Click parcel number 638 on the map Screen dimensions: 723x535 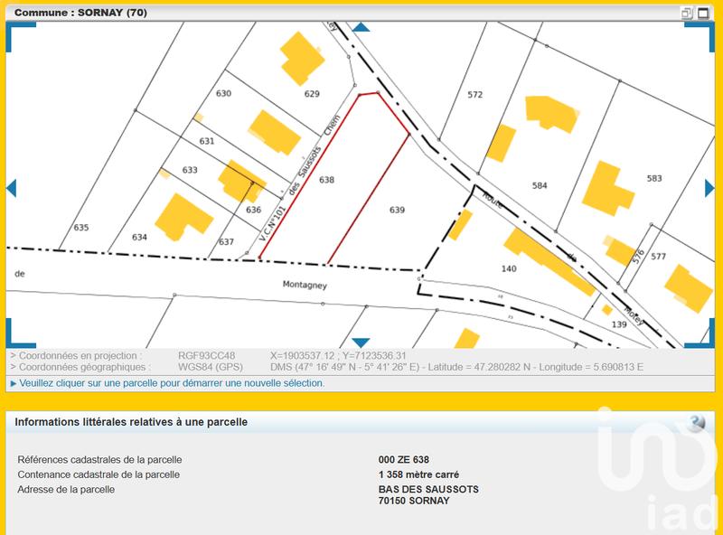(x=326, y=180)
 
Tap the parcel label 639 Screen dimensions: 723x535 (x=397, y=210)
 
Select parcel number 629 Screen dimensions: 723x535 (x=312, y=94)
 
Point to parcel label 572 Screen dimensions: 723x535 (x=474, y=94)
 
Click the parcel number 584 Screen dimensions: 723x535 (x=540, y=185)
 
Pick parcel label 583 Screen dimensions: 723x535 (x=654, y=179)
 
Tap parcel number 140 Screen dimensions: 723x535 (x=508, y=268)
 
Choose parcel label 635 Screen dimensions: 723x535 (x=81, y=228)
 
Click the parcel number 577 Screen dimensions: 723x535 (x=658, y=257)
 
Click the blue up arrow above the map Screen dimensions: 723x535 (x=361, y=28)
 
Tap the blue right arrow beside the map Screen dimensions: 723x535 (x=710, y=188)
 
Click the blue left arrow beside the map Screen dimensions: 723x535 (x=11, y=188)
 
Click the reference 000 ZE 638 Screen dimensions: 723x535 (x=404, y=460)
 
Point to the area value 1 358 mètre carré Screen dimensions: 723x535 (x=418, y=474)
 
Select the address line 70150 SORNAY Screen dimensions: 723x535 (x=413, y=500)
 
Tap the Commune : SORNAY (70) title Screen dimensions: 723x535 (x=81, y=13)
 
